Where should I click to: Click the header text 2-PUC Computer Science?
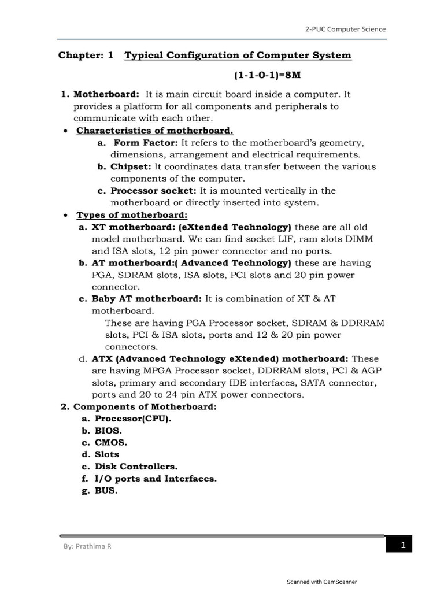[x=346, y=28]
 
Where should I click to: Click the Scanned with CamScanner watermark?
[x=322, y=582]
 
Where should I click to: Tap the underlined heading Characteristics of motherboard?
[x=155, y=131]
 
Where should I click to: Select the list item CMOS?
[x=111, y=442]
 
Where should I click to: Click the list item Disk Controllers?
[x=136, y=466]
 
